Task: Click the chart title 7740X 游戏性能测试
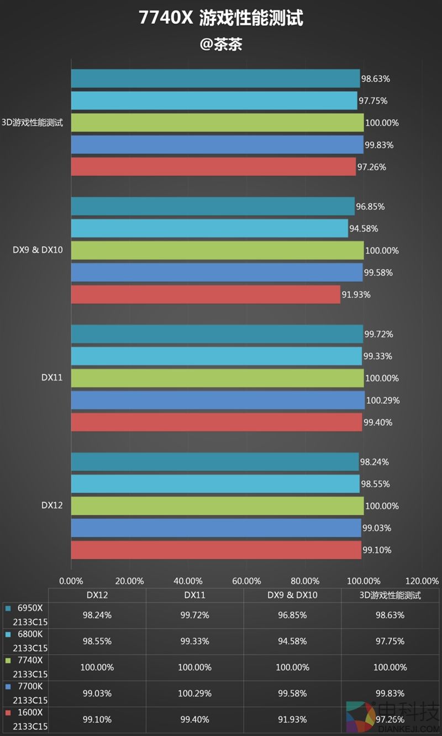(221, 19)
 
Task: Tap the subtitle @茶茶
(221, 44)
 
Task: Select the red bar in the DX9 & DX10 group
(206, 294)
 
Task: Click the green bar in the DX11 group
(217, 378)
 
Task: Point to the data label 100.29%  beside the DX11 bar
(383, 400)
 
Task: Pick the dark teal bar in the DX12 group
(214, 462)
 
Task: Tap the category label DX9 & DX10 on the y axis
(38, 250)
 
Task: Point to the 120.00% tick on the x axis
(422, 581)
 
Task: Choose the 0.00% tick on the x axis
(71, 581)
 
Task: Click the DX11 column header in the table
(194, 596)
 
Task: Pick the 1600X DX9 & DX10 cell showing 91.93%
(292, 719)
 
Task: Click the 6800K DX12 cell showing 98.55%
(97, 641)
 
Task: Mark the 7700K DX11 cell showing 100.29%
(194, 693)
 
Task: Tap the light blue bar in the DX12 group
(215, 484)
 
